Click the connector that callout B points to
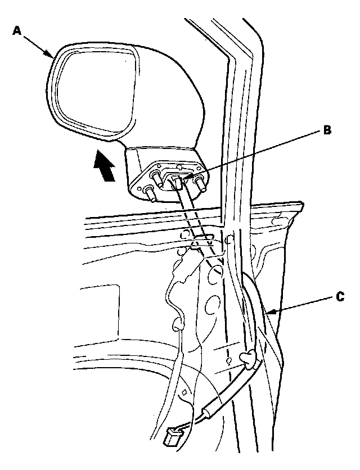click(175, 182)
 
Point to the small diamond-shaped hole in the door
click(184, 392)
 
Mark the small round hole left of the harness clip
click(229, 359)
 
